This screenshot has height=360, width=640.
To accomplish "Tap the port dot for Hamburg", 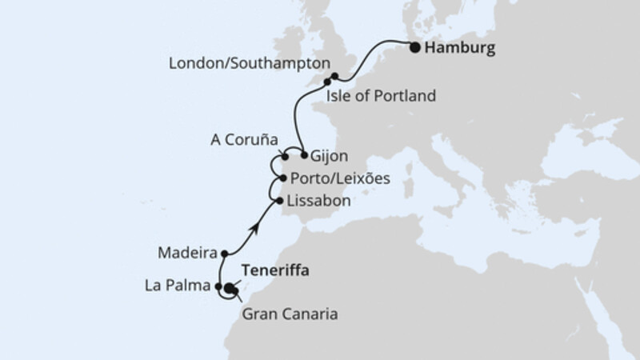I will coord(414,47).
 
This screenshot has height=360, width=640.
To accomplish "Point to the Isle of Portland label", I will coord(381,97).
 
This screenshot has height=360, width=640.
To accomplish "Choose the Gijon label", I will coord(330,155).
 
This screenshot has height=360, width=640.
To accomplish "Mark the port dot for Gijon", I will coord(304,154).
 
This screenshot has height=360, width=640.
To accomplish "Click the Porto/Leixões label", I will coord(340,178).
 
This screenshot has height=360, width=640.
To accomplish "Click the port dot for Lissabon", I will coord(278,200).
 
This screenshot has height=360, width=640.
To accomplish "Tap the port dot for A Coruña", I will coord(285,156).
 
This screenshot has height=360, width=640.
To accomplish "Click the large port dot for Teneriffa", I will coord(230,289).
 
